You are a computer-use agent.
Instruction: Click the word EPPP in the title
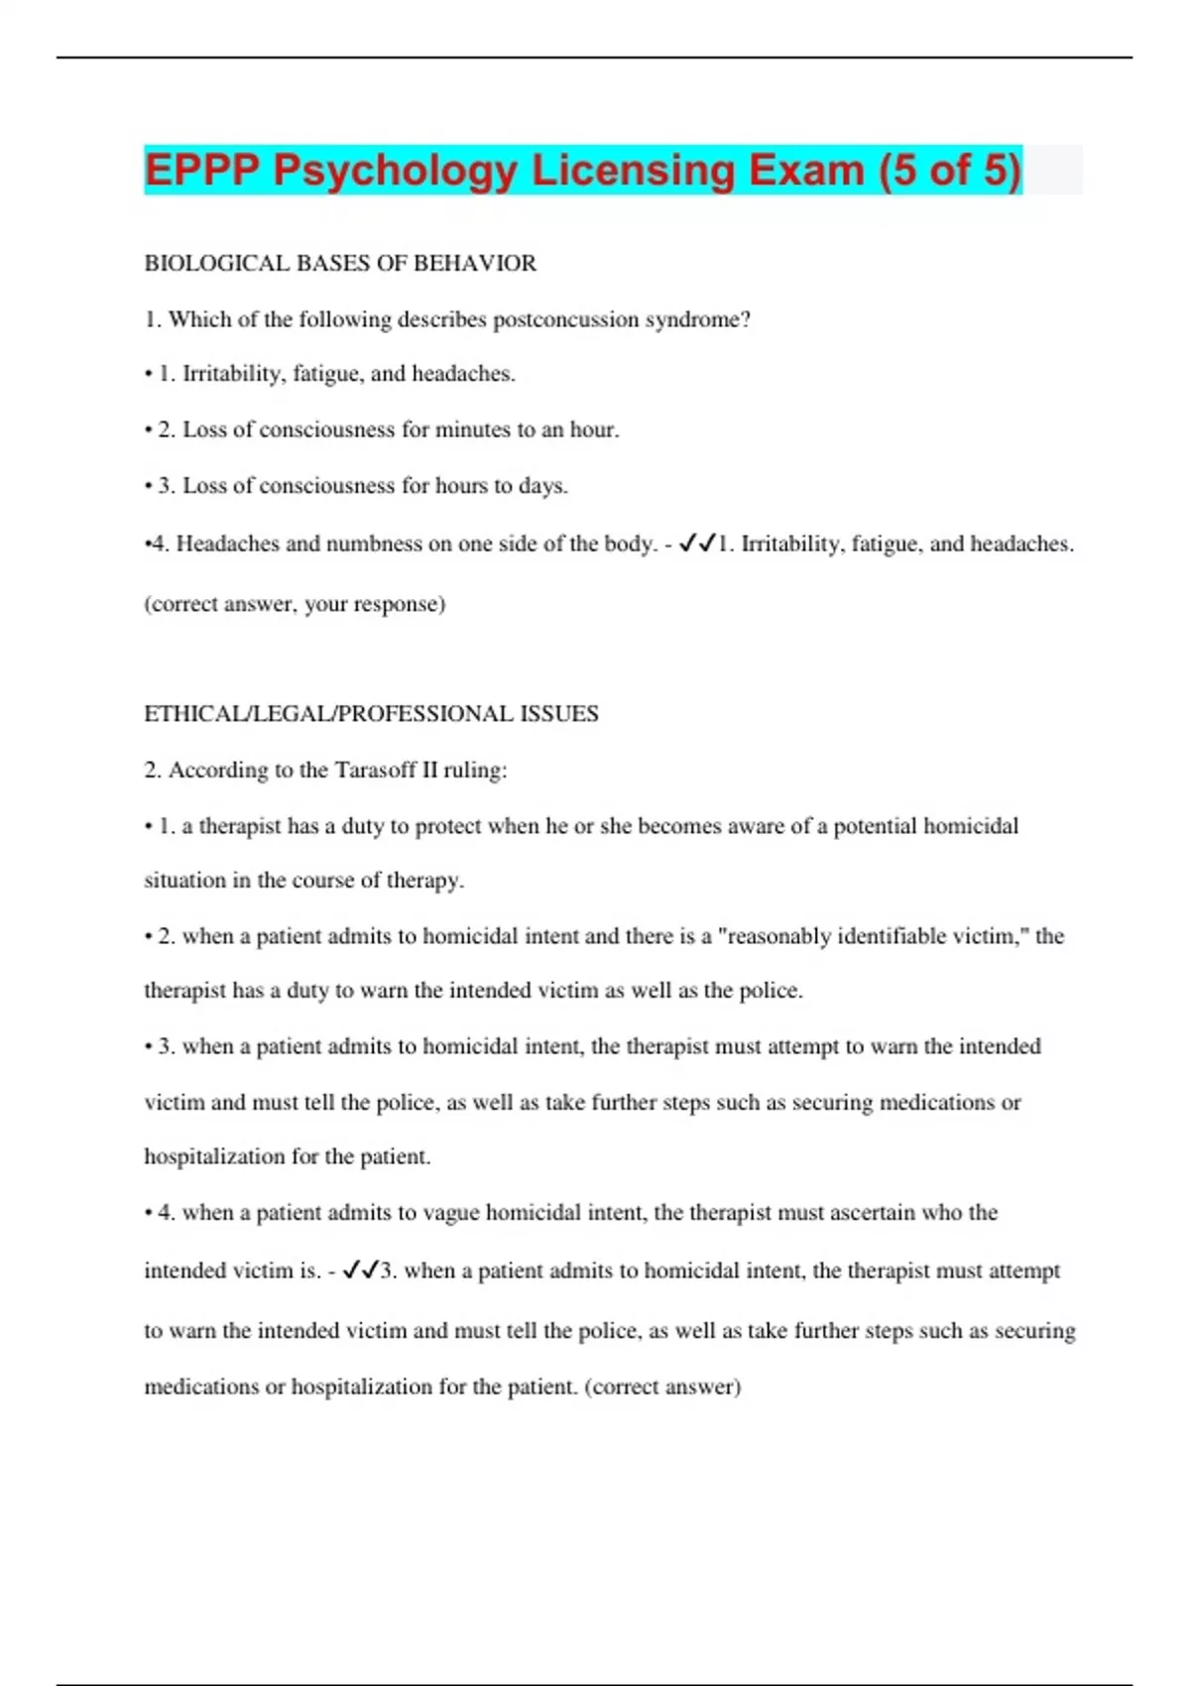(202, 170)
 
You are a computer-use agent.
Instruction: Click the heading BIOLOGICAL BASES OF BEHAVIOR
(340, 263)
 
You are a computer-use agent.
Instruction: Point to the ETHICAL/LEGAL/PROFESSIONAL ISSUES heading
(371, 714)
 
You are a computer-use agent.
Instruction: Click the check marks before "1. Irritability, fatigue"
(697, 543)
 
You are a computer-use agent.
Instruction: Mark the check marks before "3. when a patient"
(360, 1270)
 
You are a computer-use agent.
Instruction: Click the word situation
(185, 881)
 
